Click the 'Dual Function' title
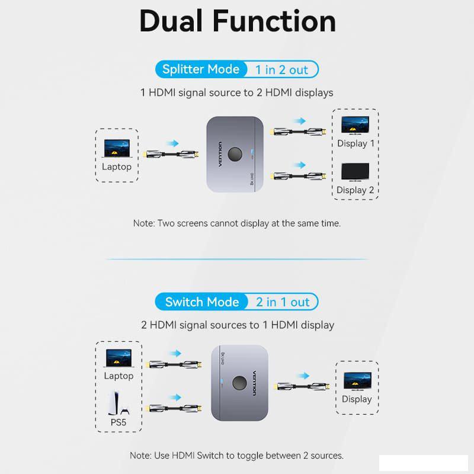point(238,21)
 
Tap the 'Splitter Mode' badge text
point(201,69)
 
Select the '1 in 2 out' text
point(282,70)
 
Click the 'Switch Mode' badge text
point(202,302)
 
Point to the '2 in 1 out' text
point(283,302)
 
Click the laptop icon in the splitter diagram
point(117,149)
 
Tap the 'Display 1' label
point(355,143)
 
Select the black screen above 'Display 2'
point(355,172)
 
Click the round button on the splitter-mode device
point(235,154)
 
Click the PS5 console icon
point(118,403)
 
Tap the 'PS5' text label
point(118,422)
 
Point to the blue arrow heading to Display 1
point(300,121)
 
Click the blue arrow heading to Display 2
point(300,165)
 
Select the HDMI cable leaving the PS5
point(174,408)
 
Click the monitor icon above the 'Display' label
point(357,381)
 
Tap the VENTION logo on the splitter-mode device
point(220,154)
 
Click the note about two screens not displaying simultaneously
point(237,223)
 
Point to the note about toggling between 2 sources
point(236,456)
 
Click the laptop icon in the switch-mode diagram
point(119,358)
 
